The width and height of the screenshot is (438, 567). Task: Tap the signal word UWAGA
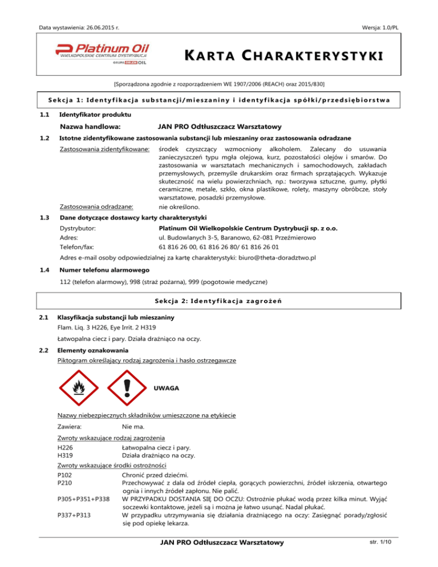pyautogui.click(x=167, y=388)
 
